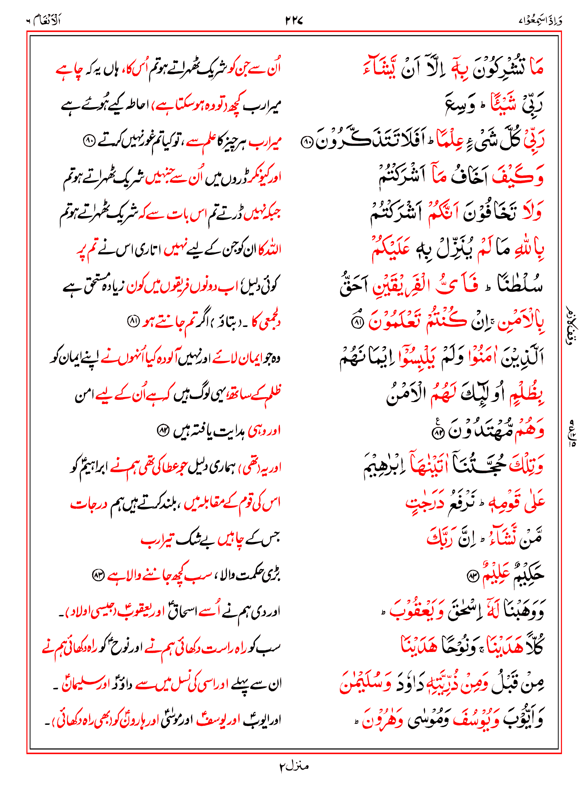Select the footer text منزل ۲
(294, 766)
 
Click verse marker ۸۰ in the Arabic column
(307, 143)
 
